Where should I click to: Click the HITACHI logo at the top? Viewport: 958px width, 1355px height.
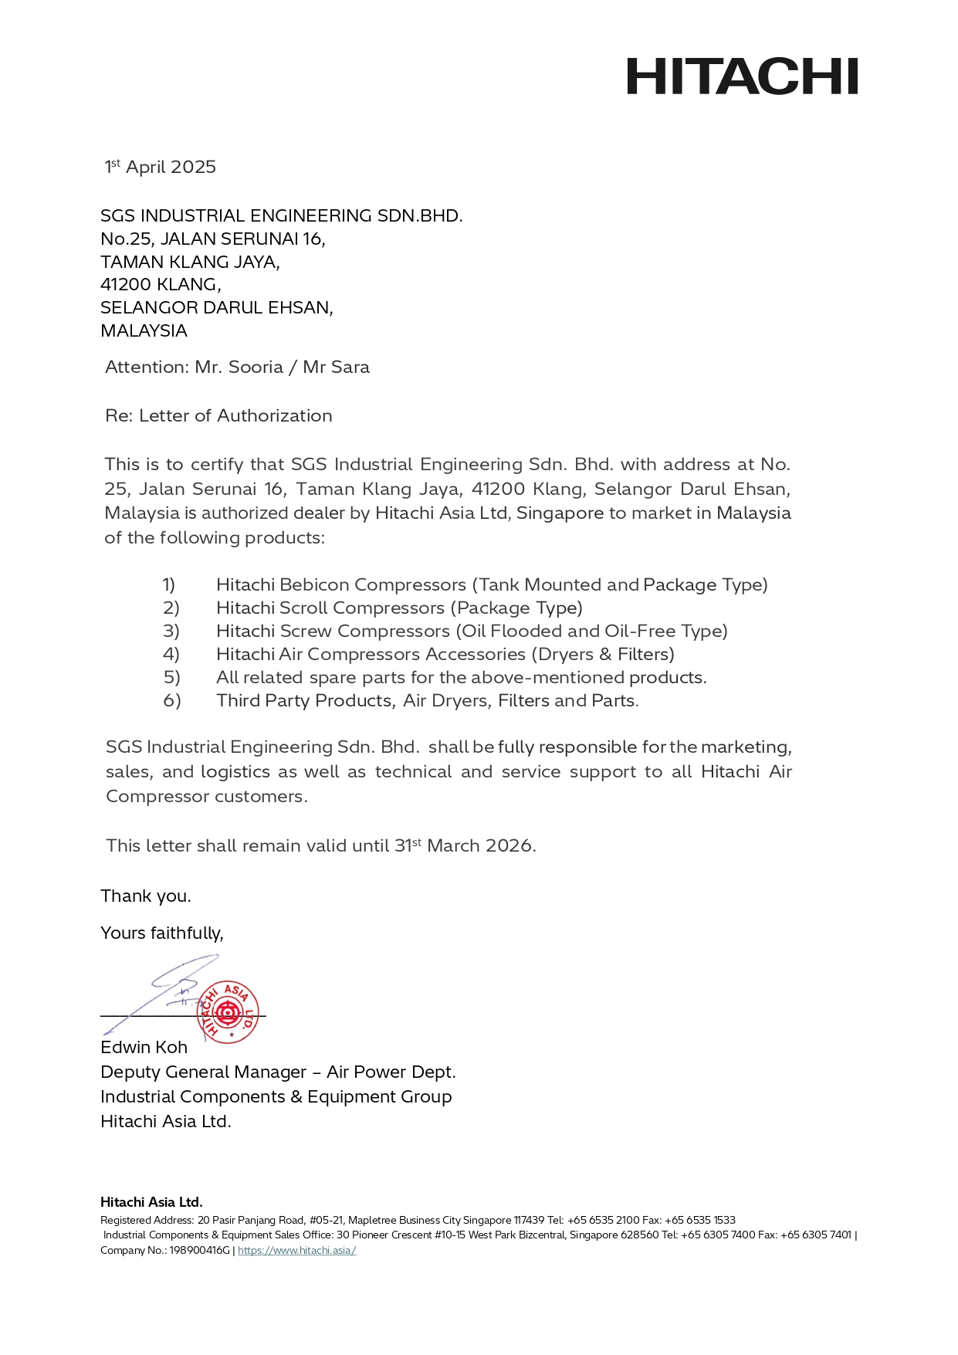point(742,76)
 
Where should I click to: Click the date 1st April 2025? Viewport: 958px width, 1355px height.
point(161,167)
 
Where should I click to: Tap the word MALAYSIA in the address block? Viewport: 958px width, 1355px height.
point(144,331)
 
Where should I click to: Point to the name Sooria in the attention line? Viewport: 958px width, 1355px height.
point(256,367)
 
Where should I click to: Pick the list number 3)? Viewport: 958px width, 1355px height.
point(171,631)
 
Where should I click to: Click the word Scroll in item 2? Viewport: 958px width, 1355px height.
point(308,608)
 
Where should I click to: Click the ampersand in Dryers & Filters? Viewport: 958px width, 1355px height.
point(606,654)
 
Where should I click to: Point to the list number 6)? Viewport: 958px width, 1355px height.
point(171,700)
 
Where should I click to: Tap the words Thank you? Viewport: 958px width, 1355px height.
point(146,896)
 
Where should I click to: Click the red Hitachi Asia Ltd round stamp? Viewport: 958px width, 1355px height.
point(228,1011)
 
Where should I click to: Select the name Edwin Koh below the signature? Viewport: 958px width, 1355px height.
point(144,1047)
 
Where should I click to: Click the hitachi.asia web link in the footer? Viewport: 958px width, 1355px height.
point(296,1250)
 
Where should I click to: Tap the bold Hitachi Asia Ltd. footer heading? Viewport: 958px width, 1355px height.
point(151,1201)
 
